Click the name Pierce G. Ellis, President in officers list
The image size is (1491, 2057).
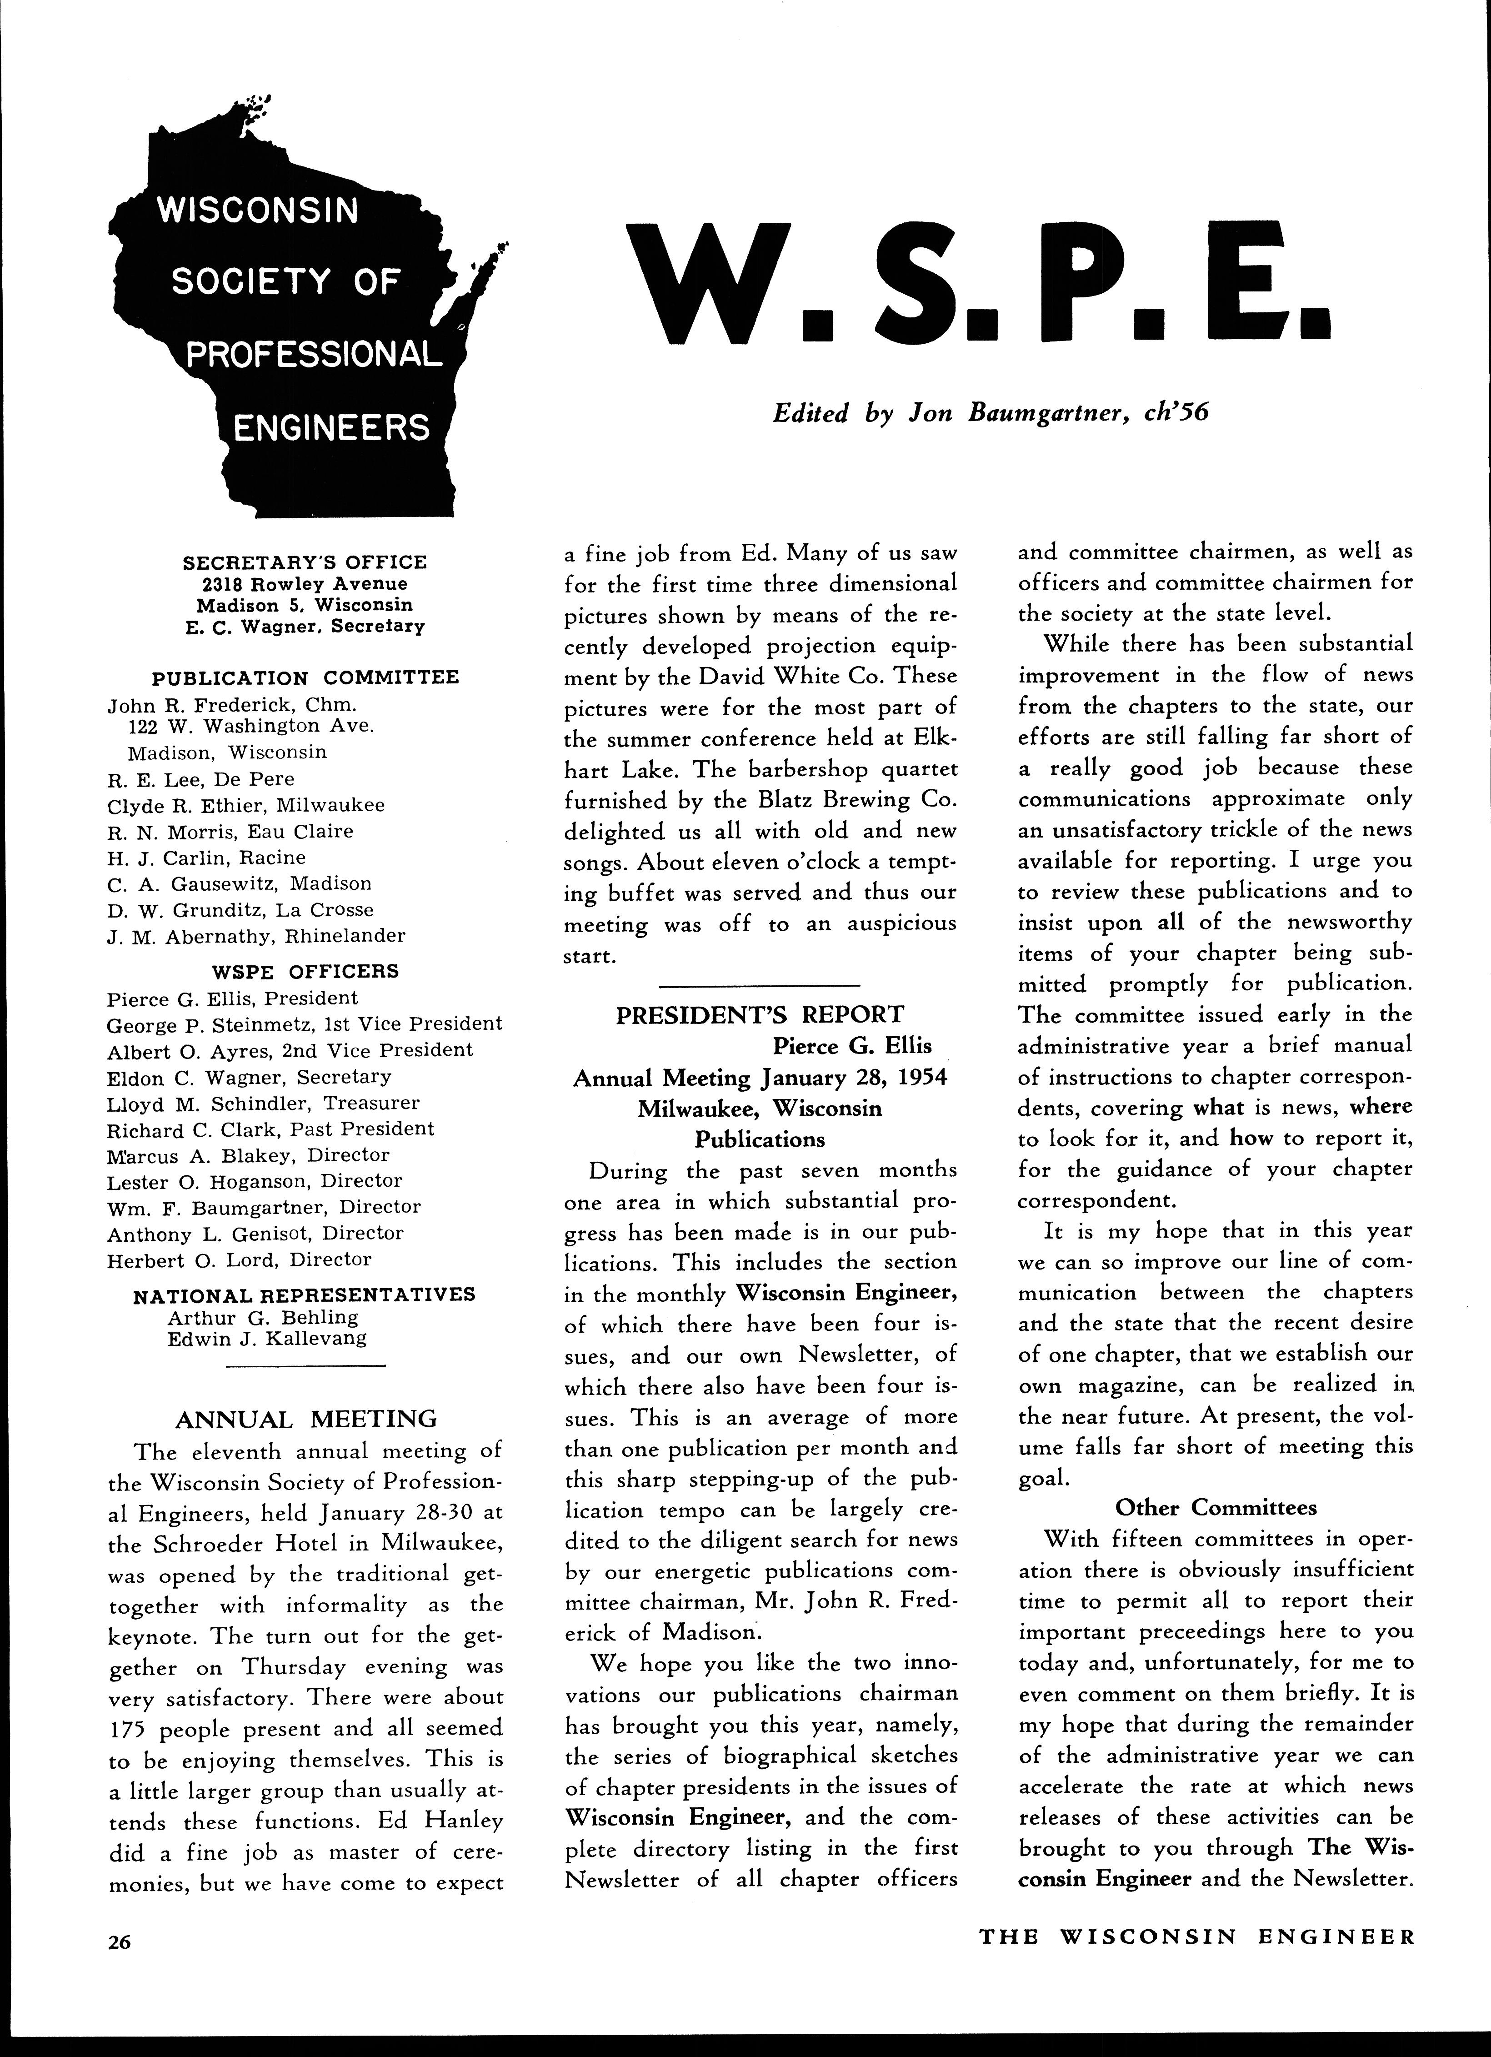(232, 998)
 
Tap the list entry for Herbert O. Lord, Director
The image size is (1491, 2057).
(240, 1260)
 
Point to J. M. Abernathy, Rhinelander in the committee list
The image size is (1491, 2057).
(256, 936)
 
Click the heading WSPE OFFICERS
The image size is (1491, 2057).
(305, 971)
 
